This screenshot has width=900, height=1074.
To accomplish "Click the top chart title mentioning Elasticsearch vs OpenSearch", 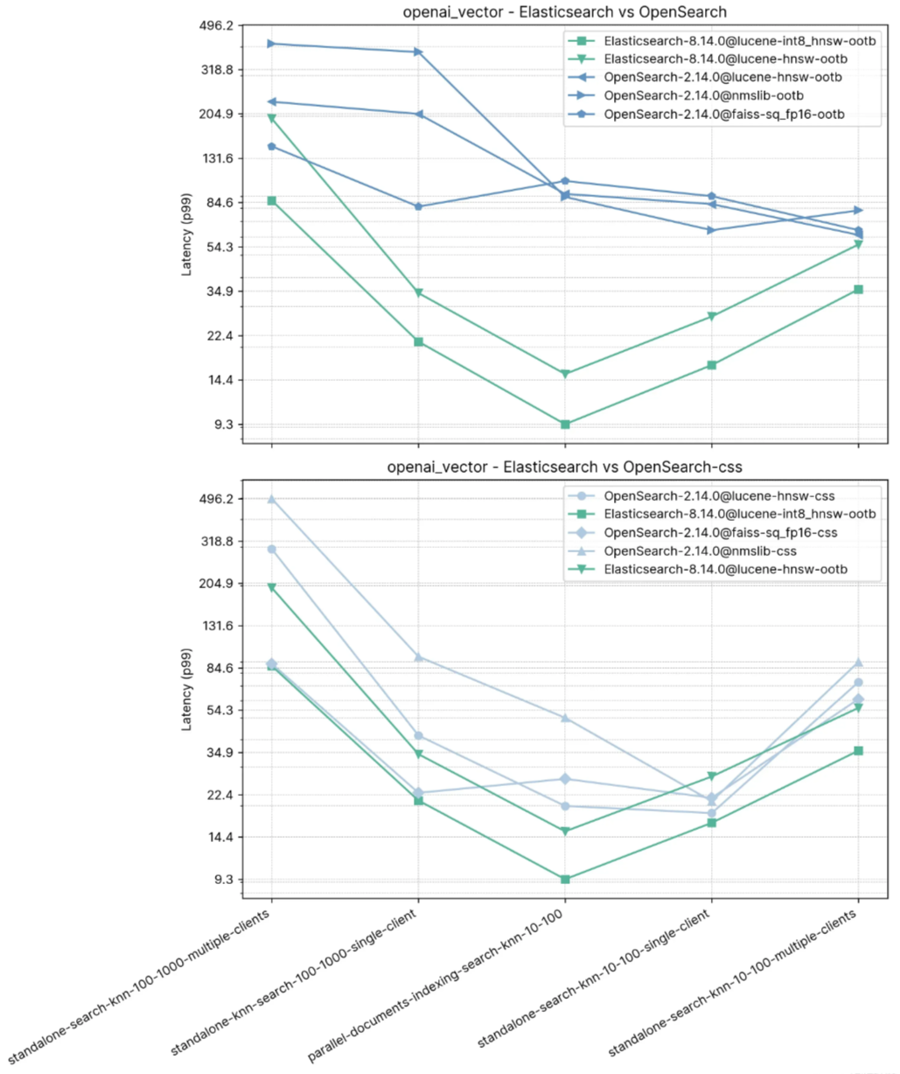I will (x=564, y=12).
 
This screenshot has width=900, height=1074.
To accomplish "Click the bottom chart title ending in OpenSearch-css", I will (x=564, y=467).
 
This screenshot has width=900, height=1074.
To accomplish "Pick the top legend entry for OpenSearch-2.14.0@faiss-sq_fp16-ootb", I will (x=724, y=115).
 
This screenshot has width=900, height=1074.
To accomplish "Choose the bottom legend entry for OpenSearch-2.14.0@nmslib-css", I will (x=700, y=551).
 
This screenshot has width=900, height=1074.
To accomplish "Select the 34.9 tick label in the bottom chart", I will (x=216, y=753).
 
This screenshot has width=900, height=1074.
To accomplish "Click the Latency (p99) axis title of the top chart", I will (x=186, y=225).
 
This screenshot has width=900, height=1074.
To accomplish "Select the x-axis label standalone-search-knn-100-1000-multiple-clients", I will (x=143, y=990).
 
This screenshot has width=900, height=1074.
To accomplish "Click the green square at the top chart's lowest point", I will (x=565, y=425).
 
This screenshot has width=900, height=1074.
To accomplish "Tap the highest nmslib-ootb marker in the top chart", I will (x=271, y=44).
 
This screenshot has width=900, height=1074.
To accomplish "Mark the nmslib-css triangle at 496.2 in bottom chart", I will (x=271, y=499).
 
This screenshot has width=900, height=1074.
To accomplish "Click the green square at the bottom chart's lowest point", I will (x=565, y=879).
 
